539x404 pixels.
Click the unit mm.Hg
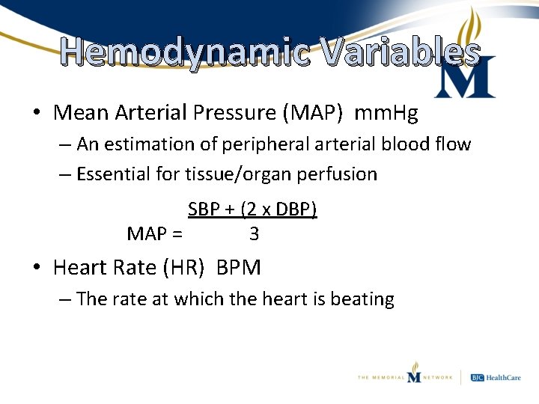point(386,113)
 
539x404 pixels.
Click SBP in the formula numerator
point(203,209)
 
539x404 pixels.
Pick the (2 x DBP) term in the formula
point(278,209)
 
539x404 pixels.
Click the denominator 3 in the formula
point(254,234)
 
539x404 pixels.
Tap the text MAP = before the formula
point(154,234)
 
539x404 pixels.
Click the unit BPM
point(238,267)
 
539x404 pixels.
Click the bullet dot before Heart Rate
point(37,267)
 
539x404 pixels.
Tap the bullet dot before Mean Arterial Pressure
point(37,113)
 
